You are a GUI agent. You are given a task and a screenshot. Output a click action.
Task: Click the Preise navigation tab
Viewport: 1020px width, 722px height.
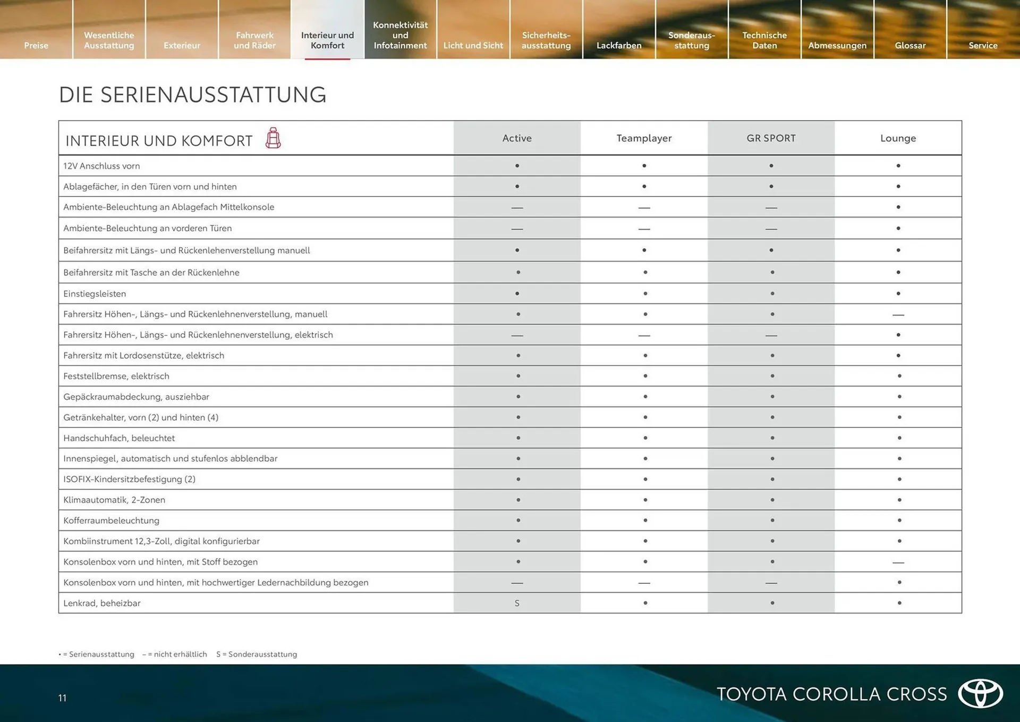pos(36,45)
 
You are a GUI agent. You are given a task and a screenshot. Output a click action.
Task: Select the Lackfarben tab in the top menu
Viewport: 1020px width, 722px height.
pos(619,45)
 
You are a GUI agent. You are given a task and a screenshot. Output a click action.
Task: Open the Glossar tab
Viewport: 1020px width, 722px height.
pos(910,45)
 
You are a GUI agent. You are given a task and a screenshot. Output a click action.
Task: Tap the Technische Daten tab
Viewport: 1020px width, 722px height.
pos(764,40)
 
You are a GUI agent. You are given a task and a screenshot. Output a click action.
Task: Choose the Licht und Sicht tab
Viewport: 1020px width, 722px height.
pos(473,45)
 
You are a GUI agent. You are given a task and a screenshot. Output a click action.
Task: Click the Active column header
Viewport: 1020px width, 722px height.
pos(517,138)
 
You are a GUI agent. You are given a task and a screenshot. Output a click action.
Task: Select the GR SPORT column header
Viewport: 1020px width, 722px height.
pos(771,138)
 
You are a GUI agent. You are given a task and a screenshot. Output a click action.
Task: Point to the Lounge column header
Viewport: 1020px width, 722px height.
pos(898,138)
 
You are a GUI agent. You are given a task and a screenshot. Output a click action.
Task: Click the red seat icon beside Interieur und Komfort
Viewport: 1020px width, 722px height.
pos(273,138)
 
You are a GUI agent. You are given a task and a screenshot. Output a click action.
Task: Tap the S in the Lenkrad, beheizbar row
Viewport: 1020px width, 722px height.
pos(517,603)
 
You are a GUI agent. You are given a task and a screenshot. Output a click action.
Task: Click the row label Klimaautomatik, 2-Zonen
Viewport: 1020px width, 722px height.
pos(114,500)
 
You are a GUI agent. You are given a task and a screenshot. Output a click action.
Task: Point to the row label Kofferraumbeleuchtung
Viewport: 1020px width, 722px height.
pos(111,520)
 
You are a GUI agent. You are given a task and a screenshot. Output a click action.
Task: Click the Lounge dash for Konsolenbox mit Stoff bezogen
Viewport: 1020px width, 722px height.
pos(898,562)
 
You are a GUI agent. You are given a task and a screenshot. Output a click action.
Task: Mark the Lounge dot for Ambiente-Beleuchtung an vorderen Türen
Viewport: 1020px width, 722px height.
pos(898,228)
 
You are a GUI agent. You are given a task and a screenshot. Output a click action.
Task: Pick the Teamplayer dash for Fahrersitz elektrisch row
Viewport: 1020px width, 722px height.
pos(644,335)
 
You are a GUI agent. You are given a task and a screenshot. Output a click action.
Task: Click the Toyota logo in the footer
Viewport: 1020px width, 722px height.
pos(980,693)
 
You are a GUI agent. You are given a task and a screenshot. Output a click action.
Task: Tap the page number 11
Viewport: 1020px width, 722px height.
pos(62,698)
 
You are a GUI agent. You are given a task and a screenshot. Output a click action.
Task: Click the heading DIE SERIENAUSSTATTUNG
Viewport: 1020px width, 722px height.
pos(192,95)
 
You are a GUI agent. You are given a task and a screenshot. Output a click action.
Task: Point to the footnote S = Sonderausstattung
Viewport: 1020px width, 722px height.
pos(257,654)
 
